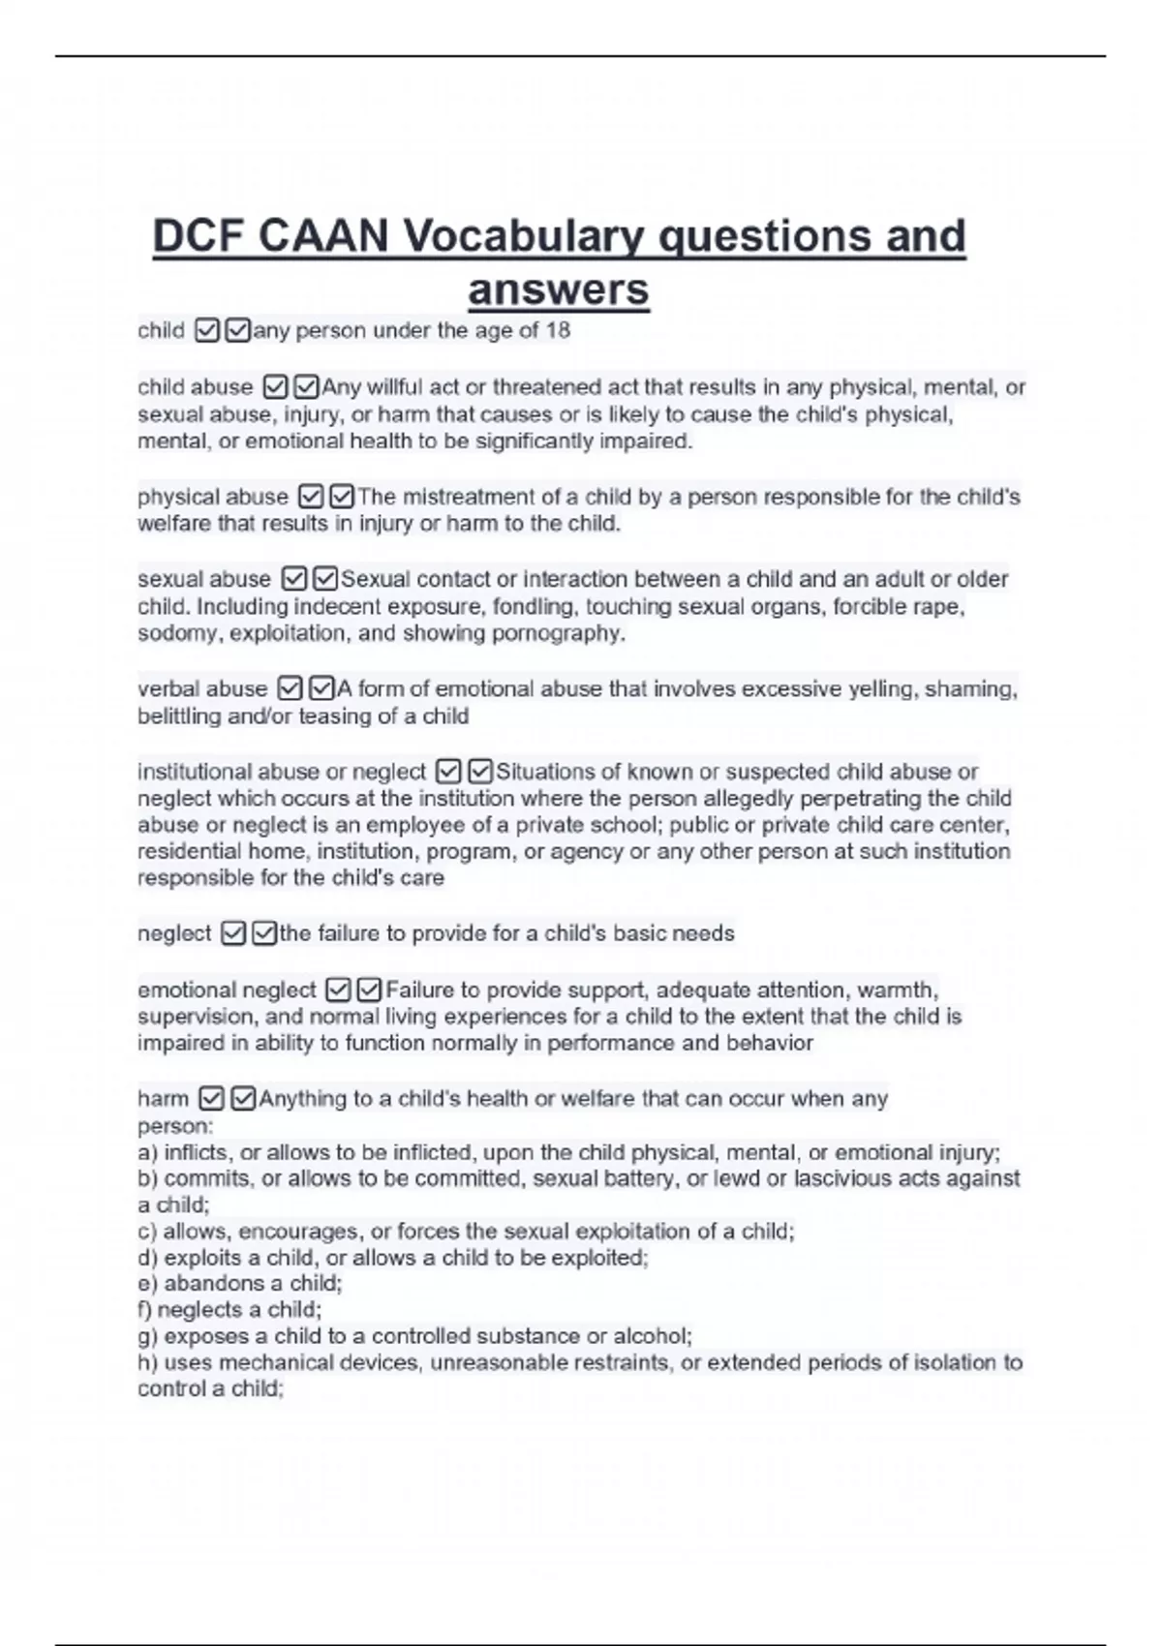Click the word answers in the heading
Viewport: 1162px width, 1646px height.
(x=558, y=289)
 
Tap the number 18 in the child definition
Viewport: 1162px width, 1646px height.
(x=558, y=331)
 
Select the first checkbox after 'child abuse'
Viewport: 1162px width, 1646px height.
(x=275, y=387)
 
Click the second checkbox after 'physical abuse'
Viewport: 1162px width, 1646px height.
(x=342, y=498)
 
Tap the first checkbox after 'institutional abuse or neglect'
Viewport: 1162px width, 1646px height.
(x=447, y=773)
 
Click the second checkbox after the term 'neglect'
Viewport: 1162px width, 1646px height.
(x=263, y=934)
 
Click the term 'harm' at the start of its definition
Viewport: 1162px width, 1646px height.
(x=163, y=1099)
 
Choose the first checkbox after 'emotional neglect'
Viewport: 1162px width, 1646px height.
(x=338, y=991)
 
